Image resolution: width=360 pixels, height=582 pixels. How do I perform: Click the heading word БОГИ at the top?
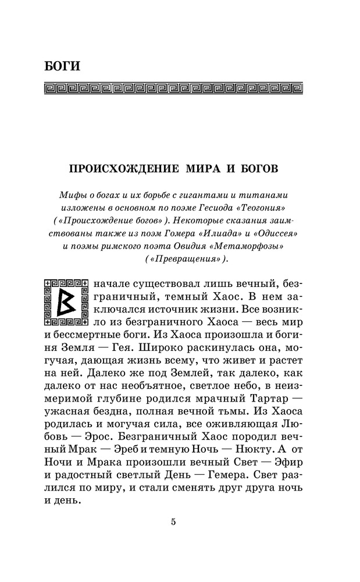point(62,66)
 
